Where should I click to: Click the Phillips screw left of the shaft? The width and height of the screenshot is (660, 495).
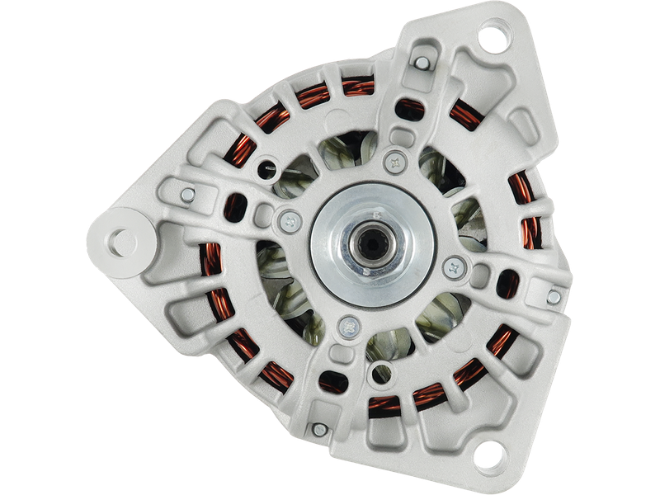[x=288, y=219]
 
